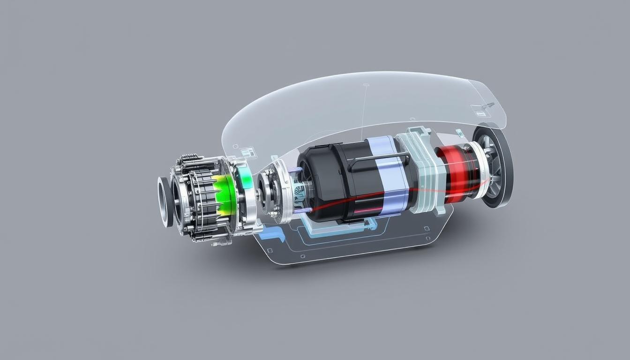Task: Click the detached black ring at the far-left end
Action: (165, 202)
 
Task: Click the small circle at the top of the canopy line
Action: (366, 85)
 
